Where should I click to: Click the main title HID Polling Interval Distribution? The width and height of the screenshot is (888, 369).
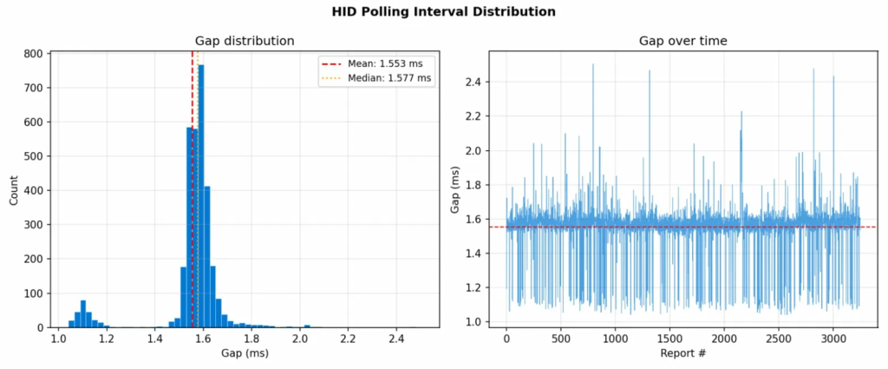click(443, 12)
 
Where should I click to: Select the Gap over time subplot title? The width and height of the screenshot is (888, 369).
click(682, 41)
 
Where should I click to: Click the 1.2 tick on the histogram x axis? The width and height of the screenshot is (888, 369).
click(107, 339)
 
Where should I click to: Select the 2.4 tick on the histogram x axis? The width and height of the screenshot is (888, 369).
click(396, 339)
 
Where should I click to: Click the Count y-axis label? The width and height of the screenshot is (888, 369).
click(14, 189)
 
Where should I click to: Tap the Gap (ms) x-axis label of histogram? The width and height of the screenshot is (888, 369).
click(244, 354)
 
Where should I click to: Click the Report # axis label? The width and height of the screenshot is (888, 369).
click(682, 354)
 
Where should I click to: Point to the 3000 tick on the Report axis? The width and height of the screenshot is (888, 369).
click(833, 339)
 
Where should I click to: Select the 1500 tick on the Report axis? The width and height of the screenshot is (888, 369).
click(670, 339)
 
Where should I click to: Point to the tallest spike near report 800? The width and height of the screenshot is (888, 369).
click(593, 66)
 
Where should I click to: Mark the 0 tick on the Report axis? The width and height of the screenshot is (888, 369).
click(506, 339)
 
